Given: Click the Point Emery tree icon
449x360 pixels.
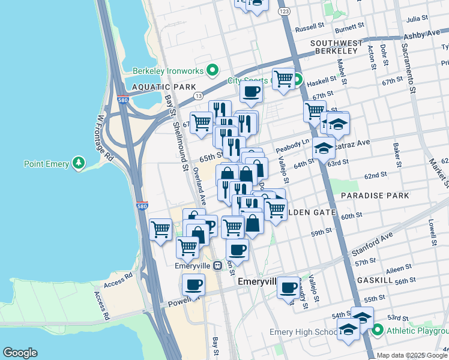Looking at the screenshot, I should click(x=77, y=163).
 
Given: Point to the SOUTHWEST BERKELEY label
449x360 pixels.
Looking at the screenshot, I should click(x=337, y=48).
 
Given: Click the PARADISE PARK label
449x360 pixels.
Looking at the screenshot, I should click(x=375, y=196).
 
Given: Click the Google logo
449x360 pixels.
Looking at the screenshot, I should click(x=19, y=353).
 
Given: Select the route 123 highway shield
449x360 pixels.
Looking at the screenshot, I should click(x=285, y=11).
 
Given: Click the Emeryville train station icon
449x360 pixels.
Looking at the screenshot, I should click(x=218, y=265).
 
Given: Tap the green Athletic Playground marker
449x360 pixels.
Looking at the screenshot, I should click(x=377, y=329).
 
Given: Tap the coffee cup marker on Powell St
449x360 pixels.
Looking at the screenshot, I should click(x=193, y=285).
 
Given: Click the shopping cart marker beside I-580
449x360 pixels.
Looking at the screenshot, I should click(x=160, y=229).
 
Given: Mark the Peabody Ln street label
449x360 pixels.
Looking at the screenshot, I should click(x=292, y=145).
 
